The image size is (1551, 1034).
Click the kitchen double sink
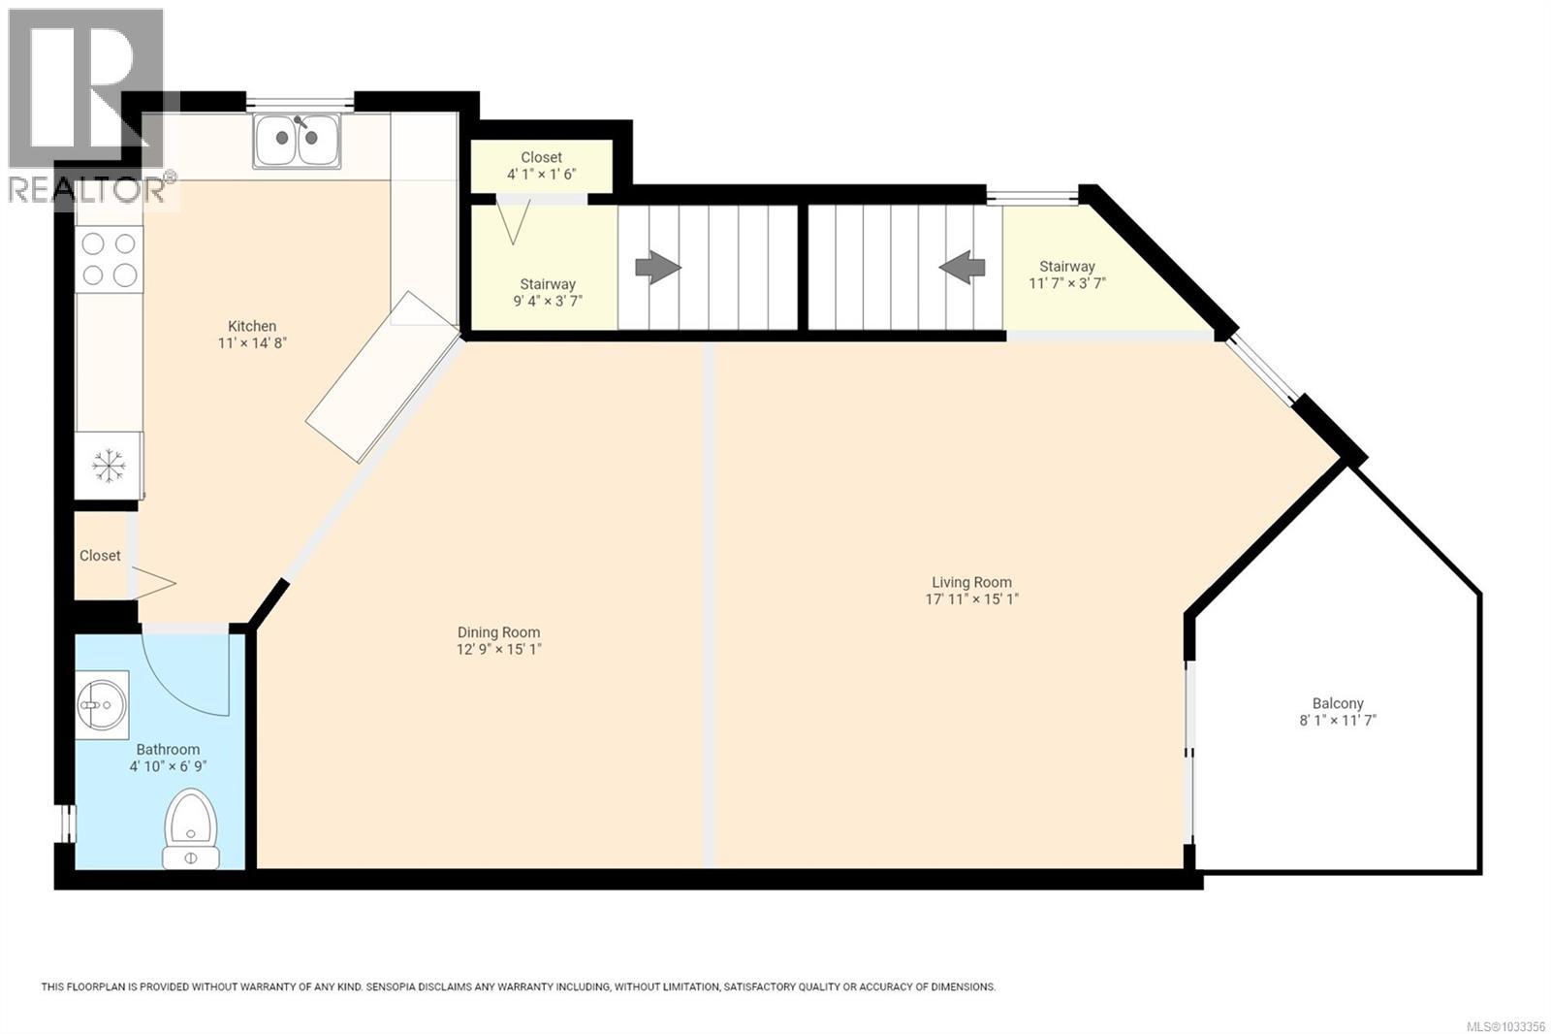(x=297, y=141)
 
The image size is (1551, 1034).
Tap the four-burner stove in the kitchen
(x=109, y=259)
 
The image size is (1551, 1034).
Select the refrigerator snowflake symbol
(x=109, y=467)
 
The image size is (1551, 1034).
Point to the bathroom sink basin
(x=101, y=703)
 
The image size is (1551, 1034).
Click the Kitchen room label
(x=252, y=326)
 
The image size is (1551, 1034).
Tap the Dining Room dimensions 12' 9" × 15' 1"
(x=499, y=649)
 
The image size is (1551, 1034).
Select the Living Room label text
(x=971, y=582)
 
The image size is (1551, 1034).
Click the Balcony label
(x=1338, y=703)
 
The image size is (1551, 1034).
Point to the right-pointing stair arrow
(x=658, y=267)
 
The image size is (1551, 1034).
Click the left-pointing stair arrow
(x=962, y=267)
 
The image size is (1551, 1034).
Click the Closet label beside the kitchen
(x=100, y=556)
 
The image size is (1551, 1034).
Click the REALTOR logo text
(x=87, y=188)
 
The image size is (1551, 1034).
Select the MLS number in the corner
(x=1505, y=1026)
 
